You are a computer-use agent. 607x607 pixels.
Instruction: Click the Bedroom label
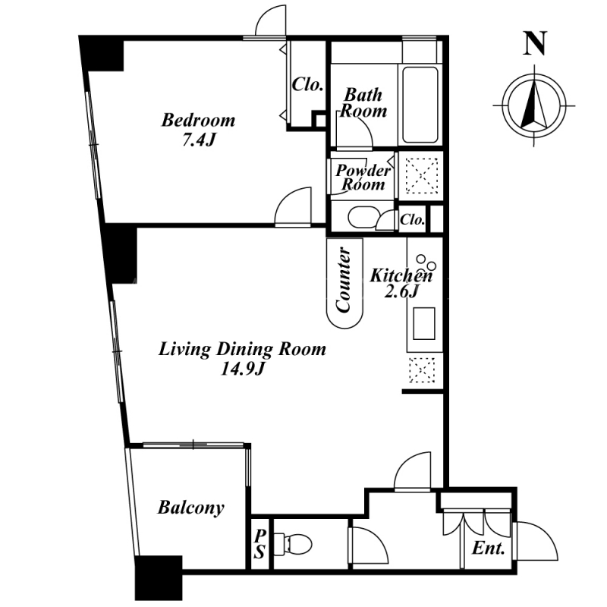pyautogui.click(x=198, y=120)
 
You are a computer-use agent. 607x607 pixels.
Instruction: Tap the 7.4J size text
pyautogui.click(x=198, y=140)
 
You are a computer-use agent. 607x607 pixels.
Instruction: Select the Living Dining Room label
pyautogui.click(x=242, y=349)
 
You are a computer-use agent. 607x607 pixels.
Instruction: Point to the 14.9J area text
pyautogui.click(x=242, y=369)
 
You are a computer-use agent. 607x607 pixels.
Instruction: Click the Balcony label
pyautogui.click(x=191, y=508)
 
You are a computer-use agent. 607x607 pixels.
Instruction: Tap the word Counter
pyautogui.click(x=344, y=279)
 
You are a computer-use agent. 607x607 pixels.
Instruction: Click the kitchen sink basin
pyautogui.click(x=424, y=324)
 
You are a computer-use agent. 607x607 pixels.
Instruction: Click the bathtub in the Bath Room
pyautogui.click(x=420, y=105)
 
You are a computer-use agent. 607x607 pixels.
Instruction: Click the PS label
pyautogui.click(x=259, y=544)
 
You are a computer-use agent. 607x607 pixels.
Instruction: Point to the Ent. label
pyautogui.click(x=489, y=548)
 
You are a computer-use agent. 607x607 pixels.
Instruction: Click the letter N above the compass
pyautogui.click(x=535, y=43)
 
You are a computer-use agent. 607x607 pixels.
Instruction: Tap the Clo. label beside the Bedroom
pyautogui.click(x=308, y=84)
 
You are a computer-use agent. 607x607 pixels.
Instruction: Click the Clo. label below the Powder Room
pyautogui.click(x=413, y=220)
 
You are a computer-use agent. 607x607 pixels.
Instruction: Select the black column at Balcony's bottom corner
pyautogui.click(x=159, y=578)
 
